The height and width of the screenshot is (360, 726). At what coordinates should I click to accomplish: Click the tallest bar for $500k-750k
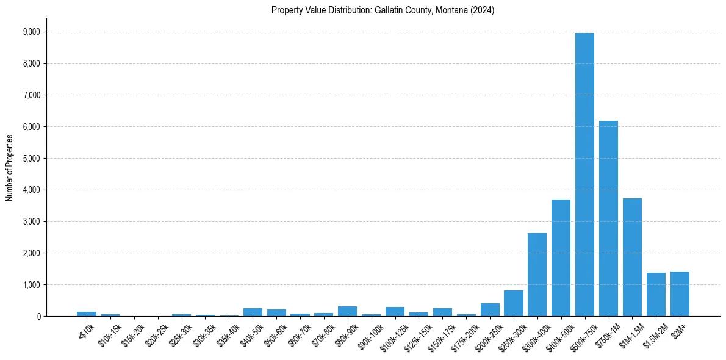click(x=584, y=175)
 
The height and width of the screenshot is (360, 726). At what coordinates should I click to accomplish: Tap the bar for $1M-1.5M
click(x=632, y=257)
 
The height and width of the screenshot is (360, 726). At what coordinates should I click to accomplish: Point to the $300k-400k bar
click(x=537, y=275)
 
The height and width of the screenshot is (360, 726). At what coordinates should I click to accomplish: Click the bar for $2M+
click(x=680, y=293)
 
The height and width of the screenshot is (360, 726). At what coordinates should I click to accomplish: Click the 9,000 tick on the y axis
click(x=31, y=32)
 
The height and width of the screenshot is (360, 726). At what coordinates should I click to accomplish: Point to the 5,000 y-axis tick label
click(x=31, y=159)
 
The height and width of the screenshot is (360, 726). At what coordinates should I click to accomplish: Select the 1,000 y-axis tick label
click(x=31, y=285)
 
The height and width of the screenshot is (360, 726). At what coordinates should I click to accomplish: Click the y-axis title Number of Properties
click(x=9, y=167)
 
